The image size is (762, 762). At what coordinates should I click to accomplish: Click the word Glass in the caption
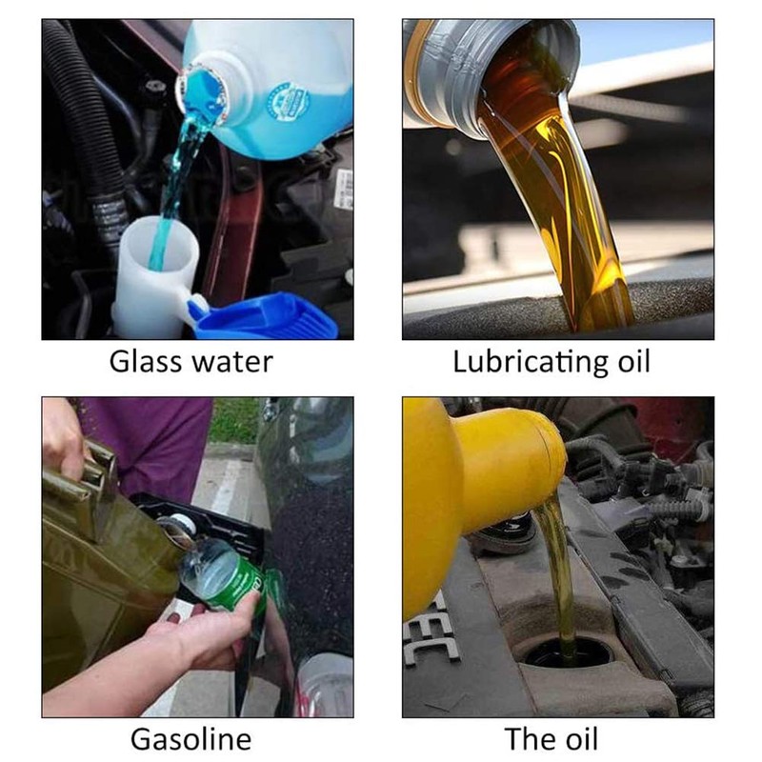[x=146, y=362]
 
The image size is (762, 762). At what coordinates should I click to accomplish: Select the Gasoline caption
[x=191, y=739]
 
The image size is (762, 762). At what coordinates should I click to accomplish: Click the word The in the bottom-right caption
[x=529, y=739]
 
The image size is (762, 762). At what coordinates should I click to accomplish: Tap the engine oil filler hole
[x=567, y=656]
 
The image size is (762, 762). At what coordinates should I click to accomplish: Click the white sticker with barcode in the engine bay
[x=344, y=189]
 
